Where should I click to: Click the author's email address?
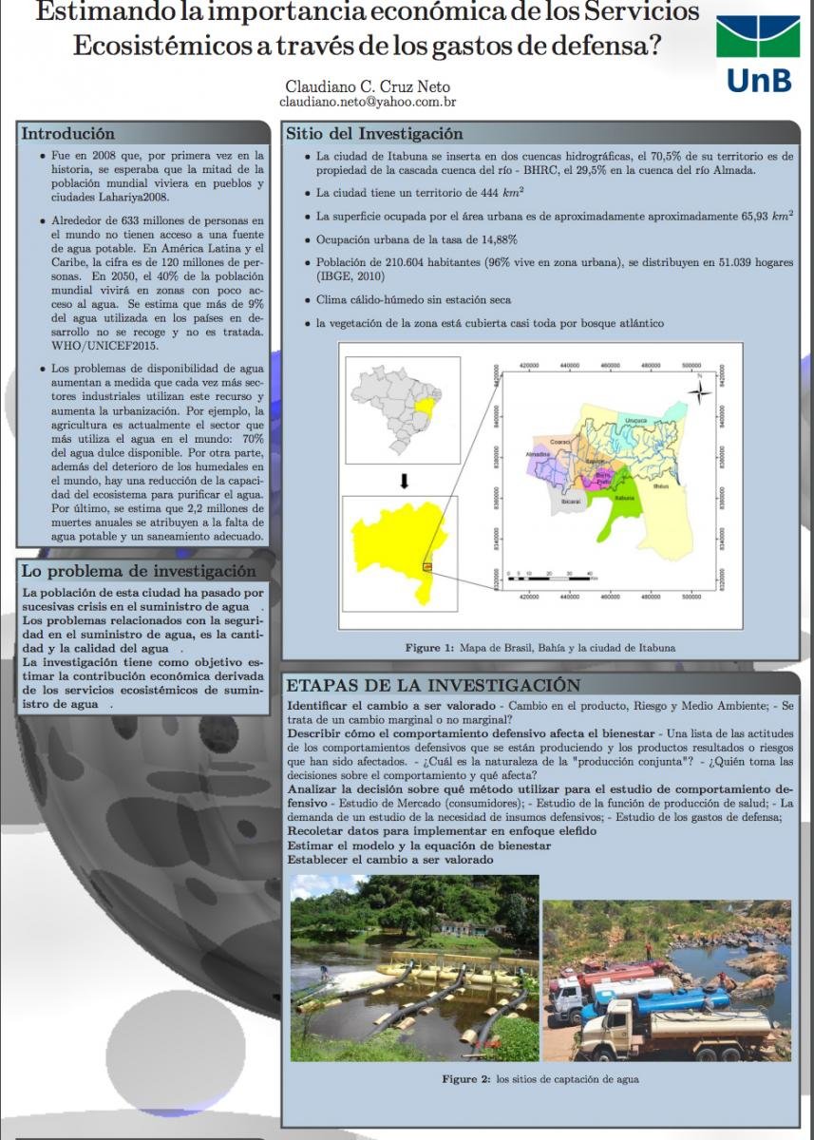[x=369, y=101]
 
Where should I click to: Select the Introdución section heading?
[x=68, y=134]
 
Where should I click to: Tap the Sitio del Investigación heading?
[x=374, y=134]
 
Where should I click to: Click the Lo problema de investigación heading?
[x=139, y=571]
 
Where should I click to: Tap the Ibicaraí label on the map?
[x=572, y=500]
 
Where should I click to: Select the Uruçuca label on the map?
[x=636, y=419]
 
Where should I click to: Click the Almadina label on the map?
[x=538, y=454]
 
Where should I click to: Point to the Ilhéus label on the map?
[x=661, y=485]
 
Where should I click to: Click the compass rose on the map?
[x=700, y=390]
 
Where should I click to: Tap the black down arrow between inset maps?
[x=404, y=480]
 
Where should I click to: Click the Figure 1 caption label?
[x=429, y=648]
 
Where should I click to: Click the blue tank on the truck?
[x=682, y=1000]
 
